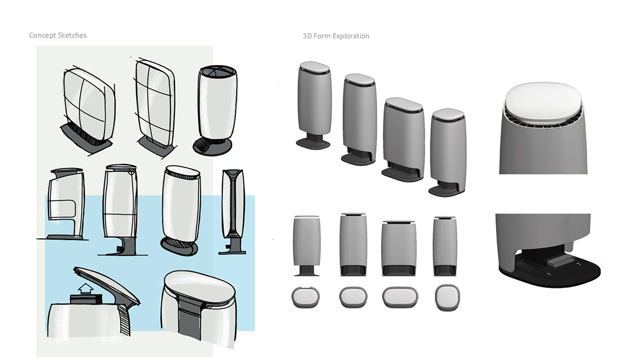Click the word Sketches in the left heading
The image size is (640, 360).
(x=72, y=36)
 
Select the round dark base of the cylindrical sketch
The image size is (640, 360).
(x=211, y=147)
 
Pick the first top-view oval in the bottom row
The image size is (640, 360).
(x=306, y=298)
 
